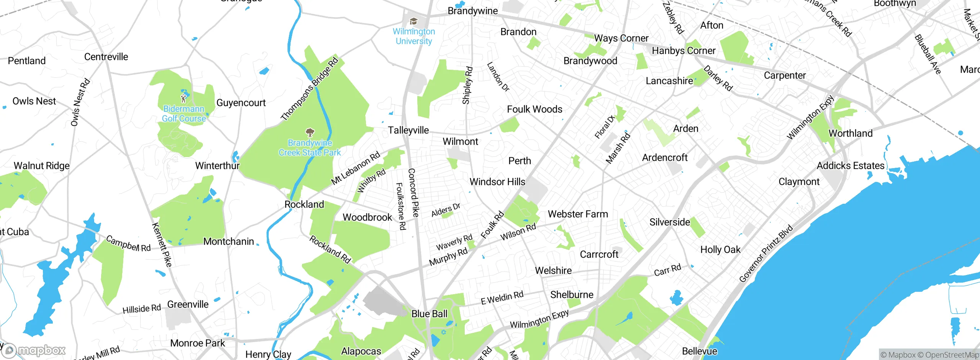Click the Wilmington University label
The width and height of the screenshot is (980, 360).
click(414, 36)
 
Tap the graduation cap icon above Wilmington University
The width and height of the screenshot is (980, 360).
click(413, 21)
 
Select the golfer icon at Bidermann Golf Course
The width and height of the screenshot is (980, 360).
click(184, 98)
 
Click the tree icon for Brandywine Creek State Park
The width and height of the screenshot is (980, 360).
click(310, 133)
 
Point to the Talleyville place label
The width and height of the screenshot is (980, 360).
click(408, 130)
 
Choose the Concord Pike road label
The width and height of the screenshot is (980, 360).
click(413, 193)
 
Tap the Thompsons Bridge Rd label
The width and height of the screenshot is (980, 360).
click(309, 89)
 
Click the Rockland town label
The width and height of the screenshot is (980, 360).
click(304, 205)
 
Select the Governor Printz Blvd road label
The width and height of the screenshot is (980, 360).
click(766, 254)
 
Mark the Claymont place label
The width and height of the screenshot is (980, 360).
click(799, 182)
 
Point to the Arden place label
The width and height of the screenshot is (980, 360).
click(686, 129)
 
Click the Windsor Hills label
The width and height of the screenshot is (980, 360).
click(497, 182)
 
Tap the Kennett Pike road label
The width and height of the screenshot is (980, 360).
click(162, 244)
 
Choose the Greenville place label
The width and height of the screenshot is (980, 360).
click(188, 304)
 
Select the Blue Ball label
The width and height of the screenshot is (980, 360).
click(429, 314)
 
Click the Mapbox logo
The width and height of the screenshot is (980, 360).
click(34, 350)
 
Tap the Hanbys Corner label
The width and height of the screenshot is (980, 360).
click(683, 51)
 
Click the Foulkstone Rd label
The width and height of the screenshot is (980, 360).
click(400, 206)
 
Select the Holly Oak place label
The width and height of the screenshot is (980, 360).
click(720, 250)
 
